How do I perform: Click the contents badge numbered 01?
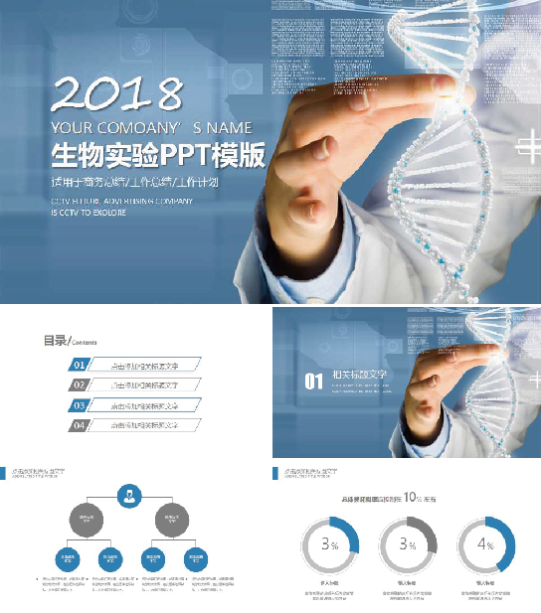(x=79, y=365)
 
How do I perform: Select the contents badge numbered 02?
(x=79, y=384)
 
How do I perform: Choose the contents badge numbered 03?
(x=79, y=405)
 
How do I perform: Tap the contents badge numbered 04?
(x=79, y=425)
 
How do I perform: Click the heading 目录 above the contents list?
(x=53, y=341)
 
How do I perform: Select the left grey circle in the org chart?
(x=86, y=518)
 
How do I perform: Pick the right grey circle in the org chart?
(x=171, y=518)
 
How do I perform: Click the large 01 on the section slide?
(x=313, y=381)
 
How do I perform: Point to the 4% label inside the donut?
(x=485, y=544)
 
